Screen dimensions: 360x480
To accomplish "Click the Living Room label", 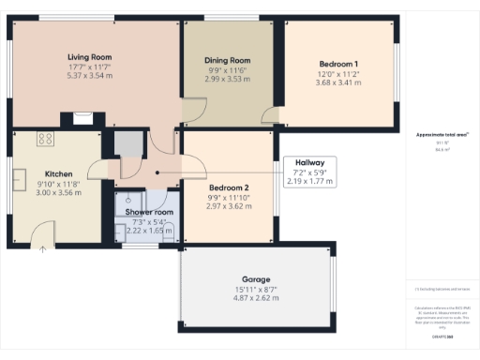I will (x=90, y=55).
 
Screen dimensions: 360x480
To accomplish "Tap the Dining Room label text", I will (x=228, y=60).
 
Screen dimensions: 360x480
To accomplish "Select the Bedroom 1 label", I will (x=338, y=64).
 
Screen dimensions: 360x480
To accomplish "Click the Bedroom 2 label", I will (x=229, y=187).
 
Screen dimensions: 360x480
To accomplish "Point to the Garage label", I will (x=256, y=279).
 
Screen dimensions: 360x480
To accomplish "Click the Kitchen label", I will (x=58, y=173).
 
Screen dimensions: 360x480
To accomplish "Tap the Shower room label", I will (x=144, y=212).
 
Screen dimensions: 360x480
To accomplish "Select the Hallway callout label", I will (x=308, y=162).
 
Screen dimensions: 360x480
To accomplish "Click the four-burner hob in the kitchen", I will (x=44, y=140).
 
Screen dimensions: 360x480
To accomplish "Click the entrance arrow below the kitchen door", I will (x=42, y=248).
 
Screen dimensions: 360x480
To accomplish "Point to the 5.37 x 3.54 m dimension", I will (x=90, y=76).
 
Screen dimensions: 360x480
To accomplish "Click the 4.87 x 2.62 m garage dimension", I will (x=256, y=299).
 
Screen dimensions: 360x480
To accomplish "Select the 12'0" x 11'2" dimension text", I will (x=338, y=74).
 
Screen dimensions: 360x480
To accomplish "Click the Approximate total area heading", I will (x=442, y=135).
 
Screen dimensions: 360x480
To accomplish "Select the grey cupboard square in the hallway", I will (x=128, y=144).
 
